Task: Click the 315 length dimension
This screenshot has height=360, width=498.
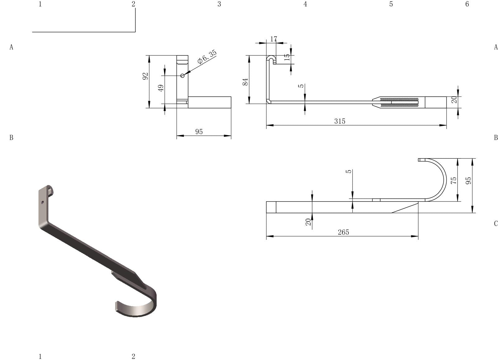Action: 340,121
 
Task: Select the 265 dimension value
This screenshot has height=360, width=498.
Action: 343,232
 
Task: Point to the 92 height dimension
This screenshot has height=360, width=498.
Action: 145,76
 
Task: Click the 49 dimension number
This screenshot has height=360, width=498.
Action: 161,88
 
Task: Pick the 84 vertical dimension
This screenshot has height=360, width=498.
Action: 245,82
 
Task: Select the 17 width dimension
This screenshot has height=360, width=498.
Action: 274,39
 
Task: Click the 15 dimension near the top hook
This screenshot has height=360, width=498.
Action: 287,57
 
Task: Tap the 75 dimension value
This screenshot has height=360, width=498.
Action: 454,180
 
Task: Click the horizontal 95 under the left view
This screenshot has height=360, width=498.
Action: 199,132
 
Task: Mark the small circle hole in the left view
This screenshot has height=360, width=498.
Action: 182,75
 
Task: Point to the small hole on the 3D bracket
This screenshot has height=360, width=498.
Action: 43,202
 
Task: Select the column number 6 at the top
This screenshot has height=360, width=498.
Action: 467,4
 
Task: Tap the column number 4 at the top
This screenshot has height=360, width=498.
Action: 305,4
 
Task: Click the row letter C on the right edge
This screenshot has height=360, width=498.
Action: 496,224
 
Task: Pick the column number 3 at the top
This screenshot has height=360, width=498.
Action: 219,4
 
